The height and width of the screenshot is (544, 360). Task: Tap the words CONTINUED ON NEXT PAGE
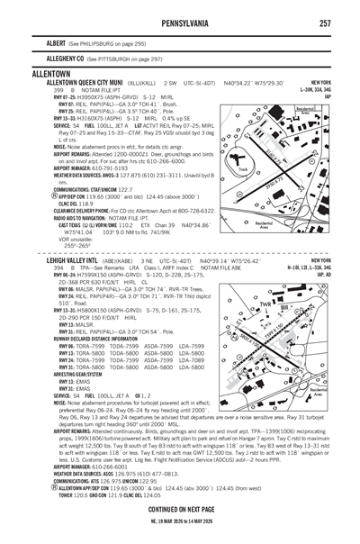coord(181,511)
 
